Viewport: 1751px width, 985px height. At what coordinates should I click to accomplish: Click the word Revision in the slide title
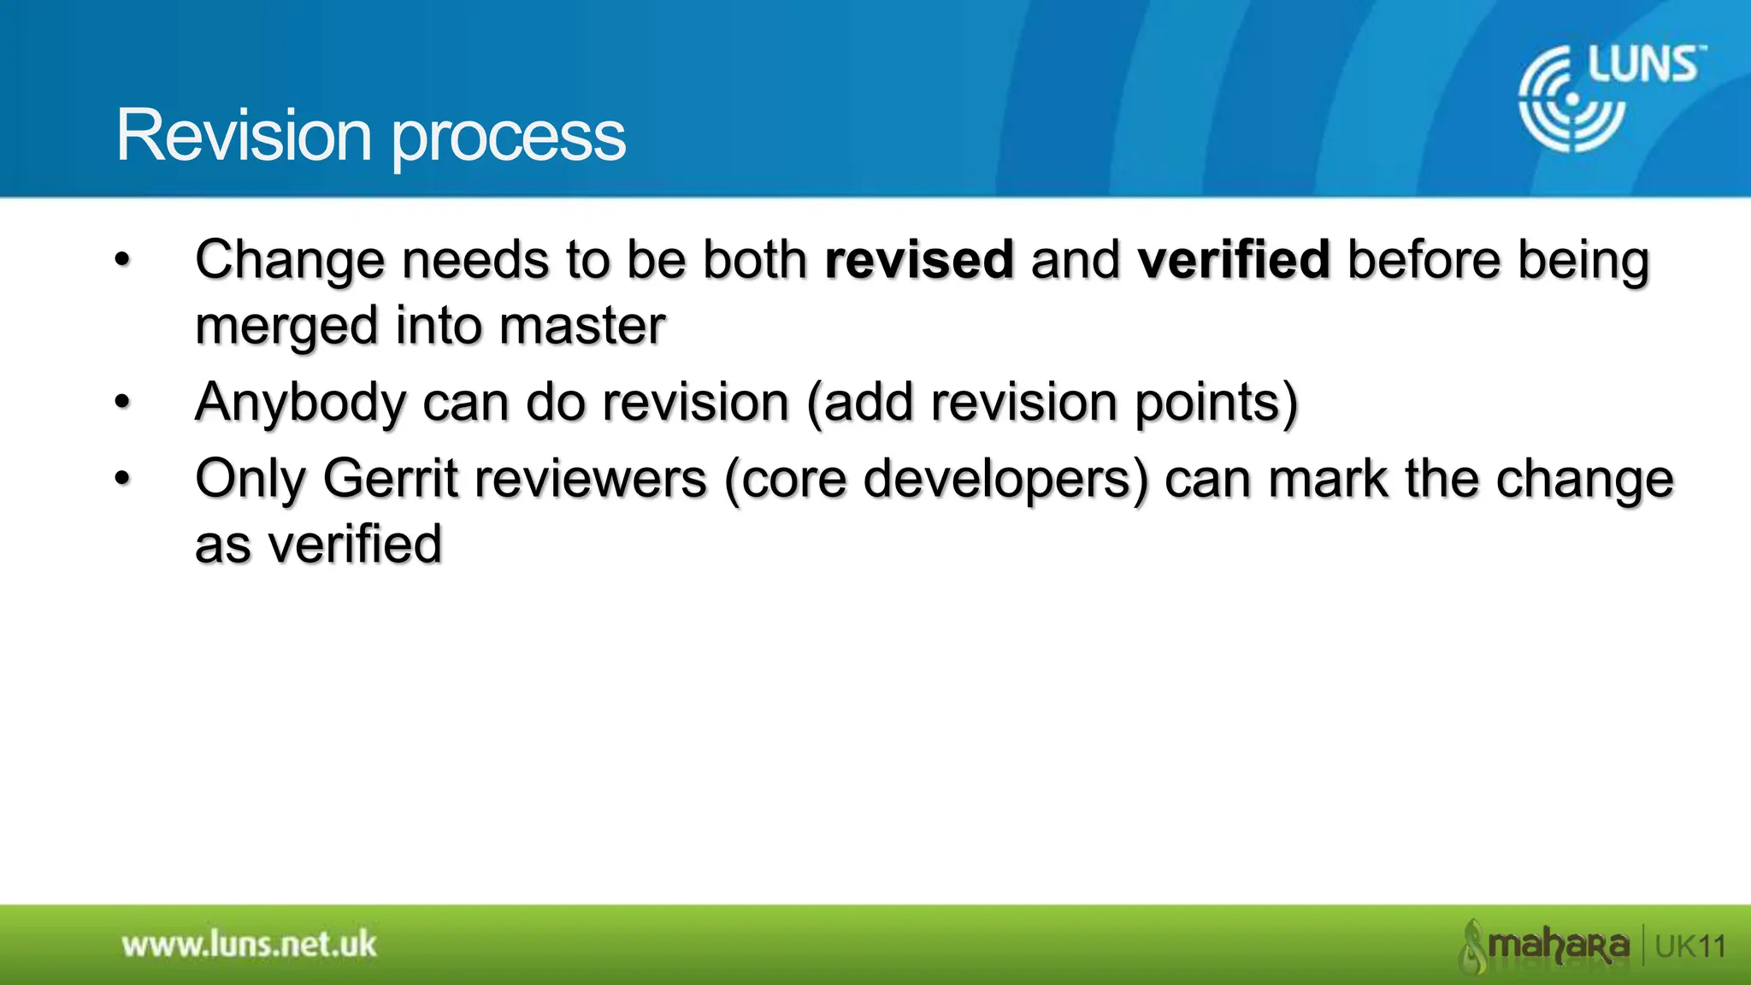[x=244, y=135]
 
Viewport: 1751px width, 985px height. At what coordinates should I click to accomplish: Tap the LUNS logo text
[x=1645, y=67]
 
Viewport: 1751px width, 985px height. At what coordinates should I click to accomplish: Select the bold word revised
[x=919, y=260]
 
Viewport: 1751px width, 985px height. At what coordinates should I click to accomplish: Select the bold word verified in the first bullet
[x=1234, y=260]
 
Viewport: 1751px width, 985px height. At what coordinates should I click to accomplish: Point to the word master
[x=581, y=326]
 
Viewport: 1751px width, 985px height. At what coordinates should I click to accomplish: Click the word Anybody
[x=300, y=403]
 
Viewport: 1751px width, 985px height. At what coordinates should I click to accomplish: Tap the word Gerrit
[x=391, y=478]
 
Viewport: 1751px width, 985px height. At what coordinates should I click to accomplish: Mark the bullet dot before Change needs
[x=123, y=260]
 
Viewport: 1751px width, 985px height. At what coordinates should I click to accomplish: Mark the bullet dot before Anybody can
[x=123, y=402]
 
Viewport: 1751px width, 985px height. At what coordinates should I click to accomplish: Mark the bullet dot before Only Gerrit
[x=123, y=478]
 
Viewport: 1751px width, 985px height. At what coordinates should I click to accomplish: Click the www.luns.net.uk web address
[x=249, y=945]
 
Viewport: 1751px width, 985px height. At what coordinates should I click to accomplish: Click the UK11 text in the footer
[x=1690, y=947]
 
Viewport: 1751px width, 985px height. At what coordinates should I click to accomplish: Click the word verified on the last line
[x=355, y=545]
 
